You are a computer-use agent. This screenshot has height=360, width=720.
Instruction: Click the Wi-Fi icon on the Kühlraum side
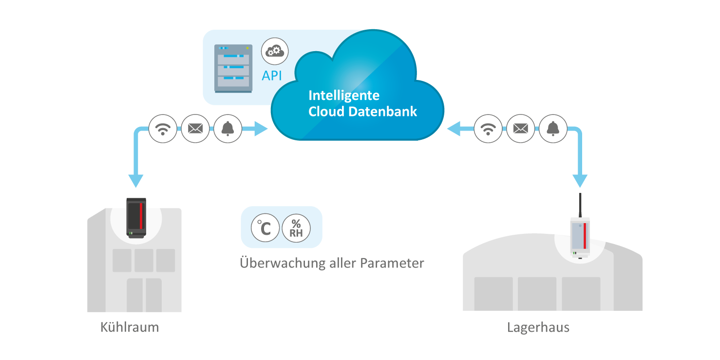(163, 129)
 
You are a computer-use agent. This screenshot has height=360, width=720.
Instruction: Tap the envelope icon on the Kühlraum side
(195, 129)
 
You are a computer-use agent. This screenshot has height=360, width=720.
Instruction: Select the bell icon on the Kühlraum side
(228, 129)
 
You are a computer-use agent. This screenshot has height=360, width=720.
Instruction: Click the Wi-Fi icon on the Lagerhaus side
(488, 129)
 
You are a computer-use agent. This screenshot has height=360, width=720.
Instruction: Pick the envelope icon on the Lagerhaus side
(521, 129)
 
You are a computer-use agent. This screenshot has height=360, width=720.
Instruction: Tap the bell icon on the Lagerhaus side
(553, 129)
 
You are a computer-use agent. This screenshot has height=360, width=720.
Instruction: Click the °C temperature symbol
(265, 227)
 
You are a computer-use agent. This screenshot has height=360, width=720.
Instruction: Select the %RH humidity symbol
(296, 227)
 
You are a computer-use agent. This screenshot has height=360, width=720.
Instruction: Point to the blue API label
(272, 76)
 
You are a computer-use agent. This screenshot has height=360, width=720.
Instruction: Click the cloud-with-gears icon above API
(275, 51)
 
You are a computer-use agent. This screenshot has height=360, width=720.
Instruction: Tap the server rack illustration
(234, 68)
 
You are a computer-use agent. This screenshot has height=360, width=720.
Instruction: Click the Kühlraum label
(130, 326)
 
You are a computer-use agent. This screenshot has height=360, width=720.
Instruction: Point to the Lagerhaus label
(538, 327)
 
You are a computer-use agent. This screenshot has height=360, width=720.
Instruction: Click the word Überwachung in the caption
(283, 263)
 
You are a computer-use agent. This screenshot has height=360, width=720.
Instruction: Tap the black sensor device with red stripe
(136, 218)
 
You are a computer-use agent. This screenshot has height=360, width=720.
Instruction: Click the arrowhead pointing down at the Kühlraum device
(136, 181)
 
